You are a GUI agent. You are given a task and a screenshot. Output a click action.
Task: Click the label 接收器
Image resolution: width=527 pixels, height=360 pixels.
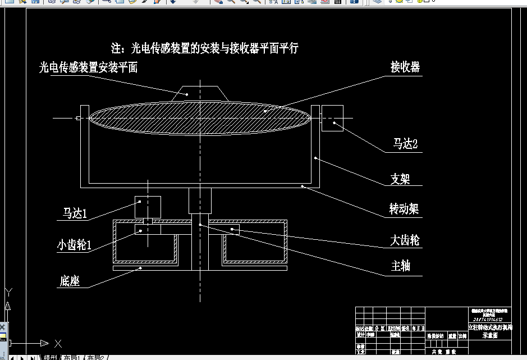pos(405,67)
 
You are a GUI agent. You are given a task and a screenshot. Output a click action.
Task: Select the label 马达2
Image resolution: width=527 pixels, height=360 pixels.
pos(405,144)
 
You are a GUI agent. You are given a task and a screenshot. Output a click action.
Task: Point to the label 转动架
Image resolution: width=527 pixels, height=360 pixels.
pos(404,209)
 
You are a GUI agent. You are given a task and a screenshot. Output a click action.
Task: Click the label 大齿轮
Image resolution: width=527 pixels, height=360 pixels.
pos(405,241)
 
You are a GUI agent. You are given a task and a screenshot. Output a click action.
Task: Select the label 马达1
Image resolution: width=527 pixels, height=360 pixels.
pos(75,213)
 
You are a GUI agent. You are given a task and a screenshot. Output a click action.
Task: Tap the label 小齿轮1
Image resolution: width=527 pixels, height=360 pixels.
pos(74,245)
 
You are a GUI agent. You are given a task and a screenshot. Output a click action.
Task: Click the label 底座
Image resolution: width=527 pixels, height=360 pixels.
pos(69,281)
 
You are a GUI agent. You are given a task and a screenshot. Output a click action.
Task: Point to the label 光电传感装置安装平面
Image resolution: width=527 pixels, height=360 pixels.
pos(88,68)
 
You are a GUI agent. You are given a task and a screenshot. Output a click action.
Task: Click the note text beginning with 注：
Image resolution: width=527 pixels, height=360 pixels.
pos(205,48)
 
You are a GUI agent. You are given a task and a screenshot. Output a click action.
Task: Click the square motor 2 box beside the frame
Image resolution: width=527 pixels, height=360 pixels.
pos(332,118)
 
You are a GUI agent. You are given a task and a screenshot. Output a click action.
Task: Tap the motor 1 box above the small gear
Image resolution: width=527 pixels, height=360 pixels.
pos(148,207)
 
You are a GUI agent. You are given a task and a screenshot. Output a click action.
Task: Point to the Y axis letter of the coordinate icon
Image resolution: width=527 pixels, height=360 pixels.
pos(8,291)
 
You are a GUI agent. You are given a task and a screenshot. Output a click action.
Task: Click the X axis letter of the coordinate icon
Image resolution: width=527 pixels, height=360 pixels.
pos(58,343)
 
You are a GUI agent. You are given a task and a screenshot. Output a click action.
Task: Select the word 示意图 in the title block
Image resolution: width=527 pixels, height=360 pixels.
pos(490,335)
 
